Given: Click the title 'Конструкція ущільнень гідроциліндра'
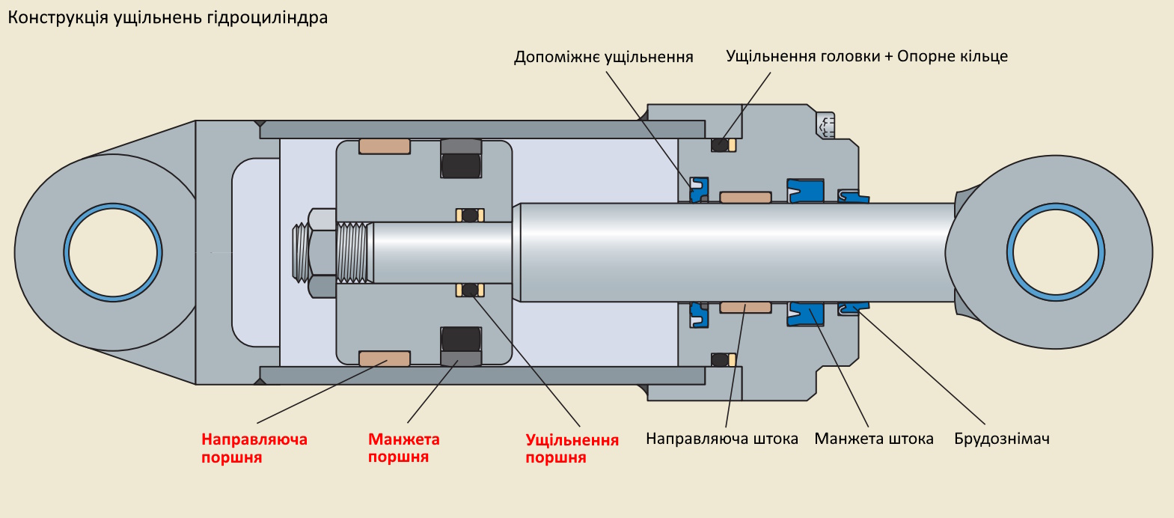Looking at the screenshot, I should pyautogui.click(x=168, y=17).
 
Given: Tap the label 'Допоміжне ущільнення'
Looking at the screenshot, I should pyautogui.click(x=603, y=57).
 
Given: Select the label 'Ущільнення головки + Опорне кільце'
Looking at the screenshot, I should pyautogui.click(x=866, y=56).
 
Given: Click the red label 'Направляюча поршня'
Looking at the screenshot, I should pyautogui.click(x=254, y=448).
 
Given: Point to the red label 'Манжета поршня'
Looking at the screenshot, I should pyautogui.click(x=403, y=448).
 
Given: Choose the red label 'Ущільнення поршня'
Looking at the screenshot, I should pyautogui.click(x=572, y=448).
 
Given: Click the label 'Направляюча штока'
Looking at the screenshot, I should pyautogui.click(x=721, y=439).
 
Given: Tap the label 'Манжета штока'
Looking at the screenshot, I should pyautogui.click(x=873, y=439).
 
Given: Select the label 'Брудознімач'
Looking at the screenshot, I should pyautogui.click(x=1001, y=439).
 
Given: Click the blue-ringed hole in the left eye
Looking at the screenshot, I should pyautogui.click(x=113, y=252).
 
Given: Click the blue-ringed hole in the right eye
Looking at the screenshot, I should pyautogui.click(x=1055, y=252).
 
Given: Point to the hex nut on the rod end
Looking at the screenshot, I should pyautogui.click(x=322, y=252).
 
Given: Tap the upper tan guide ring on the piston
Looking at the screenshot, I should pyautogui.click(x=385, y=146).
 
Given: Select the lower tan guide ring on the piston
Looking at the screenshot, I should pyautogui.click(x=385, y=359).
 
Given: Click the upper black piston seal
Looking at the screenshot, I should pyautogui.click(x=461, y=165).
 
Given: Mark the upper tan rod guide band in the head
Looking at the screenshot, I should pyautogui.click(x=745, y=198).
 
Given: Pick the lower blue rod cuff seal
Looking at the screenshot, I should pyautogui.click(x=805, y=314).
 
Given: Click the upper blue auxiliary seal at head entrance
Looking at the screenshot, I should pyautogui.click(x=698, y=189).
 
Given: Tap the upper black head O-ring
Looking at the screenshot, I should pyautogui.click(x=720, y=144).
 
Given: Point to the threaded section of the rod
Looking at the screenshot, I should pyautogui.click(x=354, y=252).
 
